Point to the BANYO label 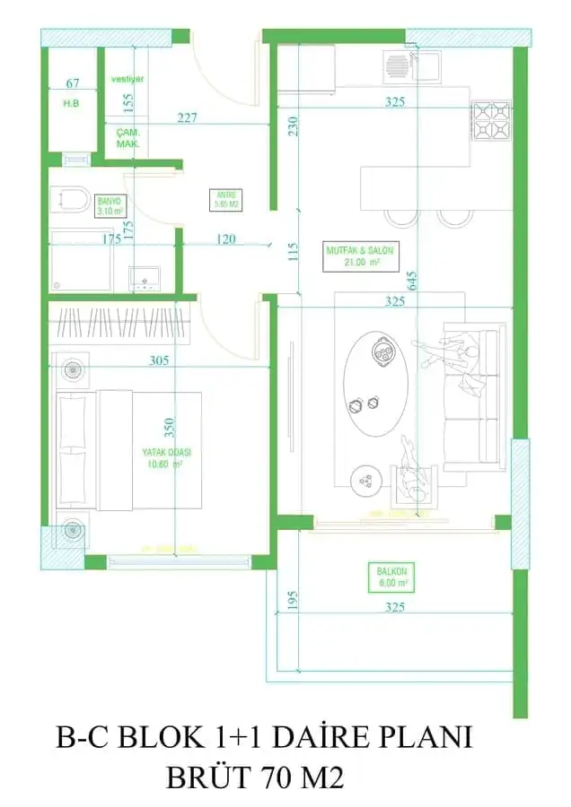tap(110, 205)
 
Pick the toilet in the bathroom tap(70, 198)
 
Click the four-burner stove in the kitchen tap(490, 121)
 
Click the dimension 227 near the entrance tap(186, 117)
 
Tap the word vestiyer tap(127, 79)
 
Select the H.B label tap(72, 103)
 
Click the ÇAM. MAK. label tap(127, 137)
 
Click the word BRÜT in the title tap(207, 777)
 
